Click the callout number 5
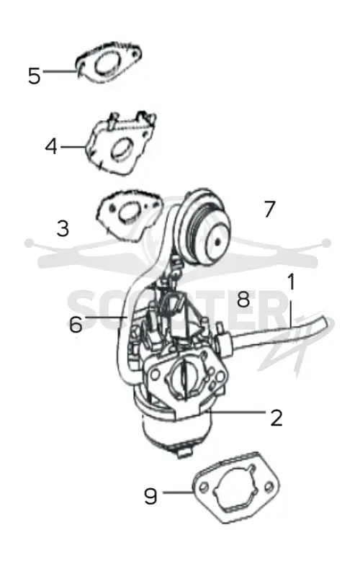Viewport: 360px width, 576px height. pyautogui.click(x=34, y=76)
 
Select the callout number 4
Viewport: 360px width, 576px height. pyautogui.click(x=51, y=147)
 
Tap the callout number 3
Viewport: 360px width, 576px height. pyautogui.click(x=63, y=228)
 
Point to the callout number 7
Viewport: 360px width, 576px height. pyautogui.click(x=269, y=209)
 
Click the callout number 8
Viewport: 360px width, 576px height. pyautogui.click(x=243, y=299)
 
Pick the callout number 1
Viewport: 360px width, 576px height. pyautogui.click(x=291, y=282)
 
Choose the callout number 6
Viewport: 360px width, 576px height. pyautogui.click(x=76, y=325)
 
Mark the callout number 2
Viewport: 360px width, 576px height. pyautogui.click(x=276, y=418)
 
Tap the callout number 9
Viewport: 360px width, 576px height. pyautogui.click(x=150, y=496)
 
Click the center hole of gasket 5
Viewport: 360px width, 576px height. pyautogui.click(x=106, y=64)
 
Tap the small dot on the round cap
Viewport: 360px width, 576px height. pyautogui.click(x=218, y=241)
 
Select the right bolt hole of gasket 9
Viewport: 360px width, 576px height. pyautogui.click(x=269, y=487)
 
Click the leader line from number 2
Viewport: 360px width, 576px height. pyautogui.click(x=238, y=412)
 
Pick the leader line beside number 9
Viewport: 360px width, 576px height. pyautogui.click(x=178, y=492)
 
